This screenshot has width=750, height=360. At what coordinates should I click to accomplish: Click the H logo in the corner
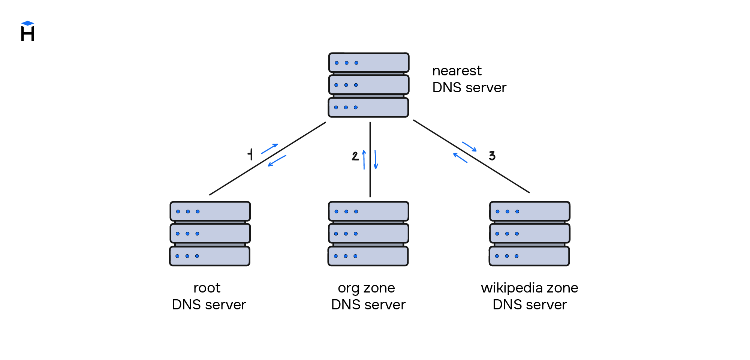[x=28, y=31]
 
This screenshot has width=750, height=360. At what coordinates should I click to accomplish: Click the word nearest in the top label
[x=457, y=70]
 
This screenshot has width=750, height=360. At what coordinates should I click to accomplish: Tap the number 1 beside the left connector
[x=250, y=154]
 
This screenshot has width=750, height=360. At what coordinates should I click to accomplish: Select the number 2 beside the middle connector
[x=355, y=156]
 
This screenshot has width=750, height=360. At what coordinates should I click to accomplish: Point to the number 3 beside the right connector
[x=492, y=156]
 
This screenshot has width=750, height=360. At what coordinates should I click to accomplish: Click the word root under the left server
[x=207, y=288]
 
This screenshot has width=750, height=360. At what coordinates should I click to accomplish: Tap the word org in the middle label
[x=348, y=288]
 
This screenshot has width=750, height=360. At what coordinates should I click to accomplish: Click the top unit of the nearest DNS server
[x=368, y=63]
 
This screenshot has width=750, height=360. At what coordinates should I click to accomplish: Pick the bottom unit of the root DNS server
[x=210, y=256]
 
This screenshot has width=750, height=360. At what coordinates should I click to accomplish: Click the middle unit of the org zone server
[x=368, y=234]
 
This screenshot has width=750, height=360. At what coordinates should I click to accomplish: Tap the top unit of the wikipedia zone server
[x=529, y=211]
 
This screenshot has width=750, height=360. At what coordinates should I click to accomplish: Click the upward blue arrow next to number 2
[x=364, y=160]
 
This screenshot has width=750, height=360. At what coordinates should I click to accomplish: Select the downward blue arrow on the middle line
[x=376, y=160]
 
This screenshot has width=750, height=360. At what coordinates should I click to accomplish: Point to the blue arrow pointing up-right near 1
[x=269, y=148]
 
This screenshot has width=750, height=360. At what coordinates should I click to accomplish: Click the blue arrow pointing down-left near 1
[x=277, y=161]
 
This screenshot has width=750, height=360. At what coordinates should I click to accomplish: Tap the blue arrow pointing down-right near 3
[x=469, y=147]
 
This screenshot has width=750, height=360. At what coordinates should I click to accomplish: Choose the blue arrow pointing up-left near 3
[x=460, y=158]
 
